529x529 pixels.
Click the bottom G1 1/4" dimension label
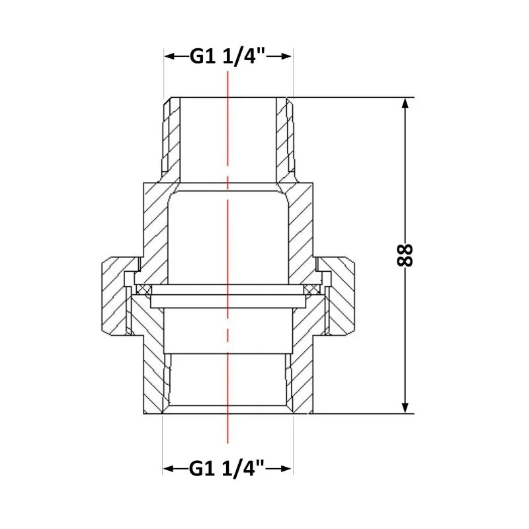point(227,468)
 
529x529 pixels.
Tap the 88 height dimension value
point(405,255)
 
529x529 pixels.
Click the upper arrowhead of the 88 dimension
point(405,103)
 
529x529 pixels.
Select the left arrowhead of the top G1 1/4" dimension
point(170,56)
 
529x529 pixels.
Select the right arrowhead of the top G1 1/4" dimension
point(286,56)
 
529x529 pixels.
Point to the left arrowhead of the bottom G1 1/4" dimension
point(169,469)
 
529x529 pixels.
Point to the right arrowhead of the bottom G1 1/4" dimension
point(286,469)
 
